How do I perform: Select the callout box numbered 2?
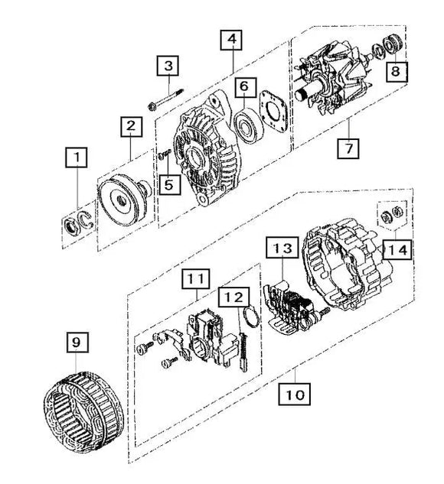click(x=131, y=125)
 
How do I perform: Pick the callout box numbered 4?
click(x=232, y=39)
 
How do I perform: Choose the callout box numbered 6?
click(x=243, y=87)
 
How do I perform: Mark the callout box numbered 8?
click(x=396, y=72)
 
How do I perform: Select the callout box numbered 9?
click(x=75, y=344)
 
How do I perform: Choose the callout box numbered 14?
click(x=397, y=249)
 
